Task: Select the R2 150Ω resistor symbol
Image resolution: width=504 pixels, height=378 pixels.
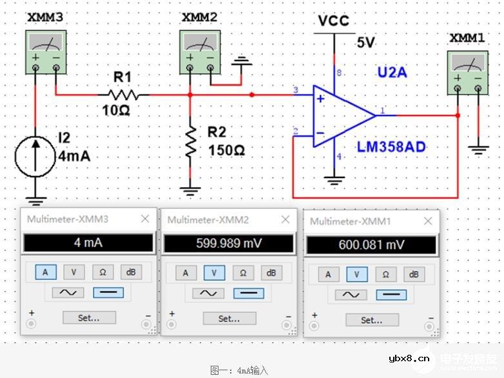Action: (191, 141)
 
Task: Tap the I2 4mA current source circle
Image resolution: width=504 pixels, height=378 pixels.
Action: (35, 155)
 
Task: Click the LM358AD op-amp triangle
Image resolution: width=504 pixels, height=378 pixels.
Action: (342, 115)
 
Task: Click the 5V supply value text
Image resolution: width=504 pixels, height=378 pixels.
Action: (365, 43)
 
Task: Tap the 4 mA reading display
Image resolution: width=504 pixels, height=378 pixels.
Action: (88, 243)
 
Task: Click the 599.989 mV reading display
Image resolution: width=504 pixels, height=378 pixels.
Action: (229, 244)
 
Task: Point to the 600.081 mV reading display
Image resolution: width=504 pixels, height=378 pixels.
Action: (371, 245)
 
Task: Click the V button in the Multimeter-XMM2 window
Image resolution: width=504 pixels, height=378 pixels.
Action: (214, 273)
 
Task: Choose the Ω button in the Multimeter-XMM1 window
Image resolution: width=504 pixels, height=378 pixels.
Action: (385, 274)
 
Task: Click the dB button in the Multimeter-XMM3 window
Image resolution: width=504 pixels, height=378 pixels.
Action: (130, 272)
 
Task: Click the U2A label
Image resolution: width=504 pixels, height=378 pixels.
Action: (392, 73)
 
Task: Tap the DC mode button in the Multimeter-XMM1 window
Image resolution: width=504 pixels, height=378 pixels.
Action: (391, 294)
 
